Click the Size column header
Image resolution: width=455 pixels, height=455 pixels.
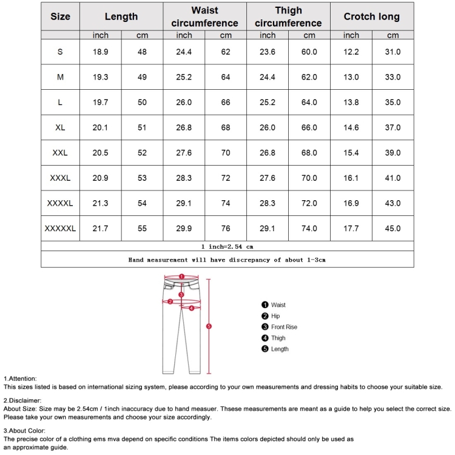coord(60,17)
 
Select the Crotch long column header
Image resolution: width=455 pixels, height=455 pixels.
coord(372,17)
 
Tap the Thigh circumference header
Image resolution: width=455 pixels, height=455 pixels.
coord(288,17)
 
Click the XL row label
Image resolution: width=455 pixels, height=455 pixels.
coord(60,127)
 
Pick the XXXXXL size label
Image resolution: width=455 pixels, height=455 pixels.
coord(60,229)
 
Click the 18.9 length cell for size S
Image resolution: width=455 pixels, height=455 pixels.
coord(100,52)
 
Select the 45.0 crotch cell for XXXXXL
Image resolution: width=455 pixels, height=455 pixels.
coord(393,229)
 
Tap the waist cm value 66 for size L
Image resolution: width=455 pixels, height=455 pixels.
coord(226,103)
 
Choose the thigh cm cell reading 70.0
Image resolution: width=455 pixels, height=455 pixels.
coord(309,178)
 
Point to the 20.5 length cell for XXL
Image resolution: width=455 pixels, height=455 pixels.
coord(100,153)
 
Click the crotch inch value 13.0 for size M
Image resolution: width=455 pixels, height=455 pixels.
coord(351,77)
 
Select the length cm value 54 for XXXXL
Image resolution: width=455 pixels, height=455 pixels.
coord(142,203)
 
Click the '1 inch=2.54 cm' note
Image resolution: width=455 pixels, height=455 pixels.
coord(227,247)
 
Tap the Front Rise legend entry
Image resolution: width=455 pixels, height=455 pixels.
coord(284,327)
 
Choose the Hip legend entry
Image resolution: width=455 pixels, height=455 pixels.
coord(275,316)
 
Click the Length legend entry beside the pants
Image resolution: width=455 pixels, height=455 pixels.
coord(280,349)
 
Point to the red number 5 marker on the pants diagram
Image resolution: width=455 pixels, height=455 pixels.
coord(209,326)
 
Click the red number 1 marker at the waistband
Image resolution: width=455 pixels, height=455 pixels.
coord(181,275)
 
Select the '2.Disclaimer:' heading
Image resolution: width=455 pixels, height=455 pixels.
coord(22,400)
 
